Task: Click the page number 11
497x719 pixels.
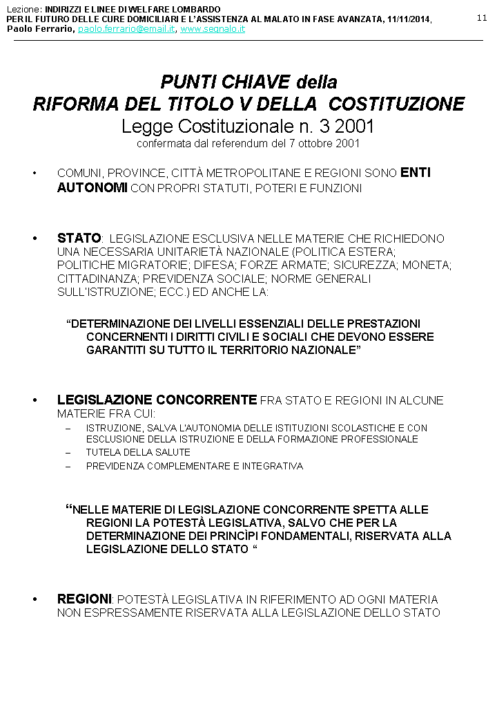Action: [481, 17]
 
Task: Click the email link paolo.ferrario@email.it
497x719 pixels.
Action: [126, 30]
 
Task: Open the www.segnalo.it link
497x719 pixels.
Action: [213, 30]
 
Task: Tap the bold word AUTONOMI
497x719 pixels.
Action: [92, 187]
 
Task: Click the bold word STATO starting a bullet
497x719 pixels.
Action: [79, 239]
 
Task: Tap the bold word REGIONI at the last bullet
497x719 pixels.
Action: [84, 599]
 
